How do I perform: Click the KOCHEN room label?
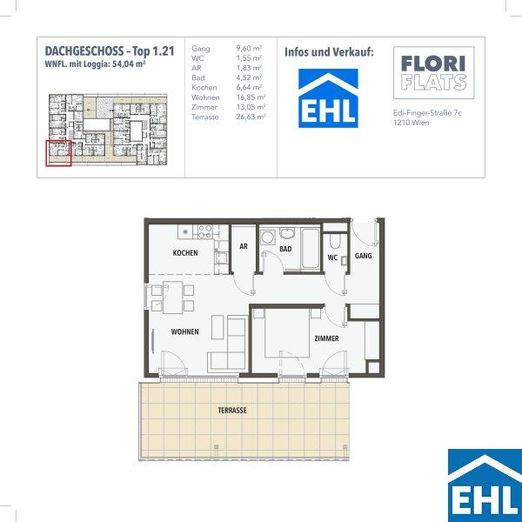185,253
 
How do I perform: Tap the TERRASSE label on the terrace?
232,410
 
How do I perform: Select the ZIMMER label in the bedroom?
326,338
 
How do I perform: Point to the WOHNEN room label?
184,332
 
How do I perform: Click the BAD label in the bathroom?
285,249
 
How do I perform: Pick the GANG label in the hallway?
363,256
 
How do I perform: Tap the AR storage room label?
244,246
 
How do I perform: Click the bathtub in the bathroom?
311,248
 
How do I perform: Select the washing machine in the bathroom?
267,238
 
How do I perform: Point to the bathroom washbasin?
287,233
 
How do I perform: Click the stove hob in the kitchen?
205,231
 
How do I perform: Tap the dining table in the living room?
173,298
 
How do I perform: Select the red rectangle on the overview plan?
58,153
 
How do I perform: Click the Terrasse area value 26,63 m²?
251,117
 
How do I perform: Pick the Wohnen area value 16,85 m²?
251,97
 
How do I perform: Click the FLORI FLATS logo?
434,72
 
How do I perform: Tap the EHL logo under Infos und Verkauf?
328,98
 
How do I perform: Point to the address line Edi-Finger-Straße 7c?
427,113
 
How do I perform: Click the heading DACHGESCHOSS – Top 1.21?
110,51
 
